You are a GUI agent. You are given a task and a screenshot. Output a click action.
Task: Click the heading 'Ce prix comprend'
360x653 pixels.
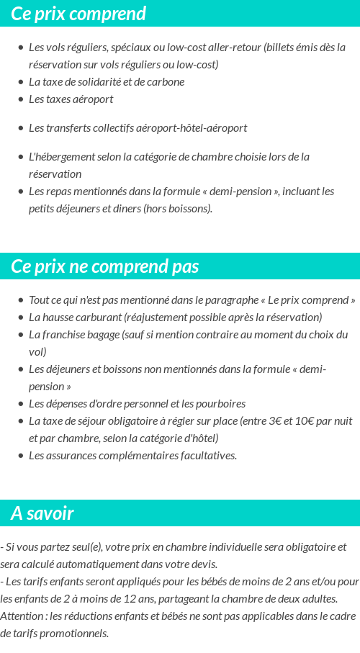[78, 14]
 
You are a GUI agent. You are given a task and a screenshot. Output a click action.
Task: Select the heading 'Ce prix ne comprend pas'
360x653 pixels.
[104, 266]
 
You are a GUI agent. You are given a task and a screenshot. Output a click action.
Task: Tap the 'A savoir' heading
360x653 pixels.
[42, 513]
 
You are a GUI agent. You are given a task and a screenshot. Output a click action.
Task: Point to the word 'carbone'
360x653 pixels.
[166, 82]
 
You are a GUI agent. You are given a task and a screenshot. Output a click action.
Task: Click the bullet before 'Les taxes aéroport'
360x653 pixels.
[20, 99]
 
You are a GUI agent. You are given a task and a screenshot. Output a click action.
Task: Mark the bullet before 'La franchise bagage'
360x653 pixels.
[20, 335]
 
